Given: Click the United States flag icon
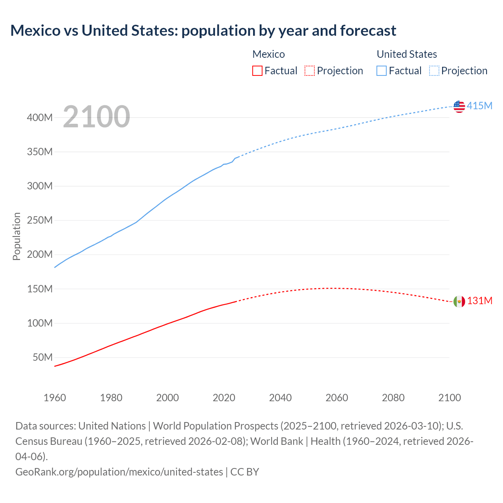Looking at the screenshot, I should pos(459,106).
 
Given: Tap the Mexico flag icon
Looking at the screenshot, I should pos(459,301).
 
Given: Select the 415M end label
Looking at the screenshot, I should pos(479,106).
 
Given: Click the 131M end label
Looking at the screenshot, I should pos(479,301).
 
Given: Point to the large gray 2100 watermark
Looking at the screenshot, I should pos(96,117).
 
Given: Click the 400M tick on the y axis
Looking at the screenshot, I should pos(40,117).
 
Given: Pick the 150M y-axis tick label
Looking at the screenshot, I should pos(40,289).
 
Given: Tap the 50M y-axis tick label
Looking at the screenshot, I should pos(42,357).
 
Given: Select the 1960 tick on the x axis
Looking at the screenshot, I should pos(55,398).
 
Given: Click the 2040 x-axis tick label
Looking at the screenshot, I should pos(280,398).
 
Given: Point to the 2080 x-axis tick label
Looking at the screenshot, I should pos(393,398).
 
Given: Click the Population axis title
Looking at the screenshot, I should pos(17,236).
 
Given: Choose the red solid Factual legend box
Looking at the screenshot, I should pos(257,71).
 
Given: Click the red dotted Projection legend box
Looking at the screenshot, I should pos(310,71).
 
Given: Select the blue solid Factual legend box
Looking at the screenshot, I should pos(382,71).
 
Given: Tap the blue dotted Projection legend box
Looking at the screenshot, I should pos(434,71).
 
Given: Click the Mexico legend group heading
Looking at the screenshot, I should pos(268,54).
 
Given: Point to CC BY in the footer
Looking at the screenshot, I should pos(244,472).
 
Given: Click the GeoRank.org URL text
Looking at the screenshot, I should pos(119,472).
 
